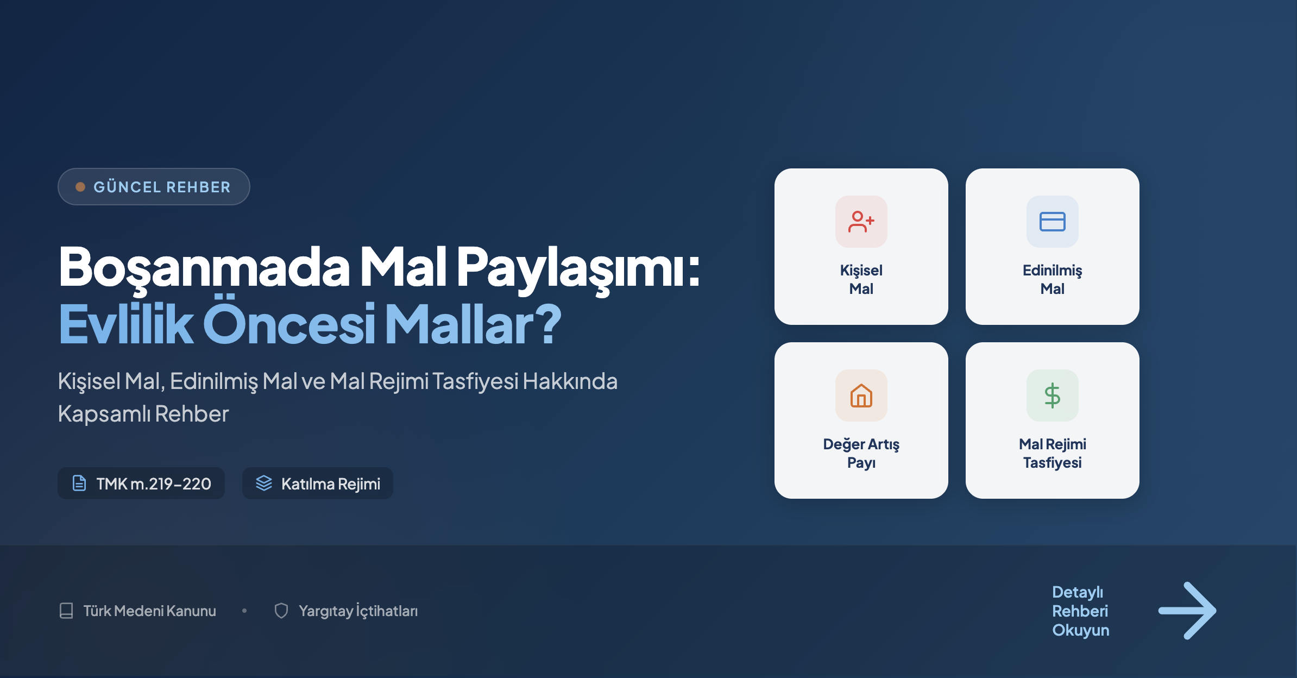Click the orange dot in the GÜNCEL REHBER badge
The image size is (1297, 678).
[80, 187]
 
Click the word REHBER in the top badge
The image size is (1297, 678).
[198, 187]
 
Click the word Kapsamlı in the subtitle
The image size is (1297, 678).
[104, 414]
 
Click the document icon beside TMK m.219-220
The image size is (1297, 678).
[79, 483]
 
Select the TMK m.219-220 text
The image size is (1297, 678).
[154, 484]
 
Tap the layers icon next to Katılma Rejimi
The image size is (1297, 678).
[264, 483]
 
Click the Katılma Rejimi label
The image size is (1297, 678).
[331, 484]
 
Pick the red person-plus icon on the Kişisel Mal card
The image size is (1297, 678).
[861, 222]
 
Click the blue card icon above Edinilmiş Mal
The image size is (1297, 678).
[1053, 222]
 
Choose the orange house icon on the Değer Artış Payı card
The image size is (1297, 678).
[861, 395]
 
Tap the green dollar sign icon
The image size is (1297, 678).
[1053, 395]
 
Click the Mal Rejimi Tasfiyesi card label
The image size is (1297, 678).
[1053, 453]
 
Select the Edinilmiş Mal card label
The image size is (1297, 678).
[1053, 279]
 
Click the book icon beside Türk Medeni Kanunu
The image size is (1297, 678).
[66, 611]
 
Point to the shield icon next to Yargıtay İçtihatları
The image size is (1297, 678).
[281, 611]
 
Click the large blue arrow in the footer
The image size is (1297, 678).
[1187, 611]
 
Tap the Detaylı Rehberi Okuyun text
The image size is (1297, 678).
[1080, 611]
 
